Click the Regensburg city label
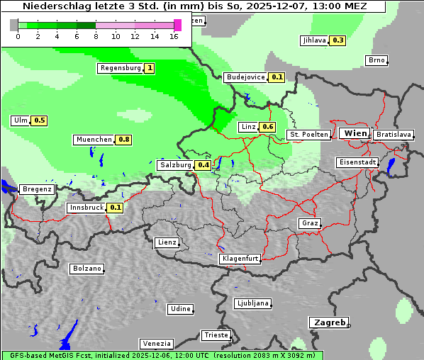(x=121, y=68)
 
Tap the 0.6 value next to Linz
(x=267, y=127)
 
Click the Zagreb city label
(x=328, y=322)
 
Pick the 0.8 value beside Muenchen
(x=124, y=140)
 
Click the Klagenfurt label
(x=240, y=259)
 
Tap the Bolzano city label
(x=87, y=269)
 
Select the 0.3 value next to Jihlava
(x=337, y=40)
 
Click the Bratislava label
(x=394, y=134)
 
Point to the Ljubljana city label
(x=252, y=303)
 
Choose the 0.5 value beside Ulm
(x=40, y=120)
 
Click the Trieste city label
(x=216, y=335)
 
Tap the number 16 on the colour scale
(x=174, y=35)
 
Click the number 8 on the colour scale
(x=96, y=35)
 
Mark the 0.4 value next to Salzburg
(x=203, y=165)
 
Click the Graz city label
(x=310, y=223)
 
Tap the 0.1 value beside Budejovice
(x=277, y=77)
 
